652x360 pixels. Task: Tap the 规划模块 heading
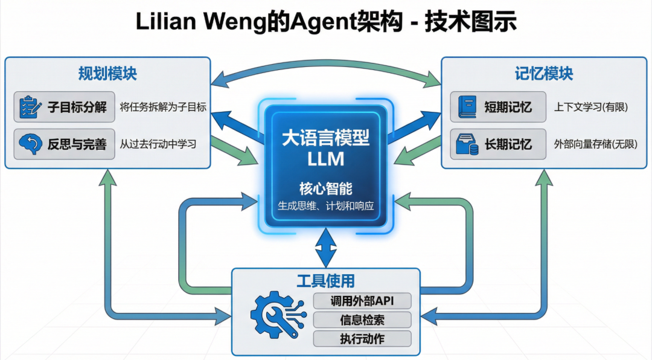pyautogui.click(x=107, y=74)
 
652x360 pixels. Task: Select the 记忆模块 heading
pyautogui.click(x=544, y=74)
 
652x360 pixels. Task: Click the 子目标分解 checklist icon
pyautogui.click(x=28, y=108)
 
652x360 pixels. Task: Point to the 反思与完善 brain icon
pyautogui.click(x=28, y=144)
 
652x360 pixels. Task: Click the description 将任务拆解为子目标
pyautogui.click(x=163, y=108)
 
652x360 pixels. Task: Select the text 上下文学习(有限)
pyautogui.click(x=591, y=108)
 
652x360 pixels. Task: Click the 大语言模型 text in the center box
pyautogui.click(x=326, y=138)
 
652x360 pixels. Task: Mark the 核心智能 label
pyautogui.click(x=326, y=188)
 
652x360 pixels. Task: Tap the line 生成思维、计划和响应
pyautogui.click(x=326, y=205)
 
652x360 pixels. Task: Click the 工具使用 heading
pyautogui.click(x=325, y=281)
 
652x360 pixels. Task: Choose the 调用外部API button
pyautogui.click(x=362, y=301)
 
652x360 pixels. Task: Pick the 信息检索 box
pyautogui.click(x=362, y=320)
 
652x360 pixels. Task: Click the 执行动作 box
pyautogui.click(x=362, y=338)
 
